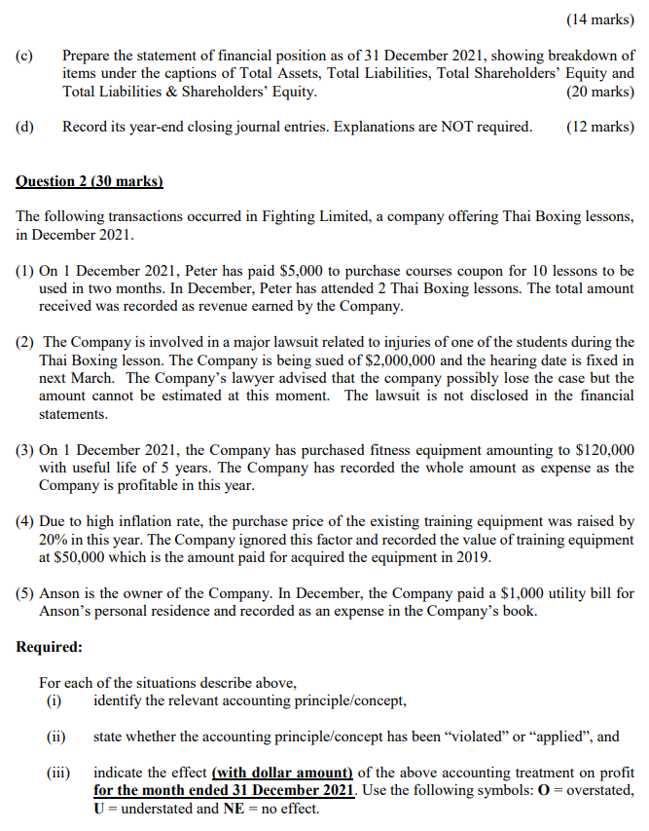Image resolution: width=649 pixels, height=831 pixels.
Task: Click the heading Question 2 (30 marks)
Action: coord(90,181)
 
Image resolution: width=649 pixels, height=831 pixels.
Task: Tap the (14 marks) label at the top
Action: coord(599,19)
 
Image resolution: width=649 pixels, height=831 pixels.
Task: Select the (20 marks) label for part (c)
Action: coord(599,92)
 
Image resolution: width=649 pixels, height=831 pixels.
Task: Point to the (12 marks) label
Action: coord(599,127)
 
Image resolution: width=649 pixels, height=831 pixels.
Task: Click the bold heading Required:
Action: coord(50,647)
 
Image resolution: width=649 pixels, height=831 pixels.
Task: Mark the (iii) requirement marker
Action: coord(58,773)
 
